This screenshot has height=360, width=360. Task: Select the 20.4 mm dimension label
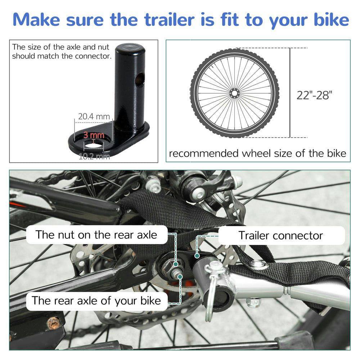[x=94, y=117]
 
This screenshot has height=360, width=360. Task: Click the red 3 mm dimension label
[x=94, y=135]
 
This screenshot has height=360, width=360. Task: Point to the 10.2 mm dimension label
[x=94, y=156]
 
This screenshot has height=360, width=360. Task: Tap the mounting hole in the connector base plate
[x=93, y=146]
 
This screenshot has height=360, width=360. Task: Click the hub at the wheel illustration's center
[x=234, y=94]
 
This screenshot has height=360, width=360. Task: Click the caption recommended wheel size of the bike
[x=257, y=153]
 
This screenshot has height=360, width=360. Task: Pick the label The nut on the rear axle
[x=96, y=235]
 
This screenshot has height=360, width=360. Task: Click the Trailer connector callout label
[x=280, y=235]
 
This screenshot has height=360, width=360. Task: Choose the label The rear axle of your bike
[x=96, y=300]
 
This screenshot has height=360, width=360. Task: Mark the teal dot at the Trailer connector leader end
[x=197, y=255]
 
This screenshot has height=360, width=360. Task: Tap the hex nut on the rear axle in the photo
[x=169, y=267]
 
